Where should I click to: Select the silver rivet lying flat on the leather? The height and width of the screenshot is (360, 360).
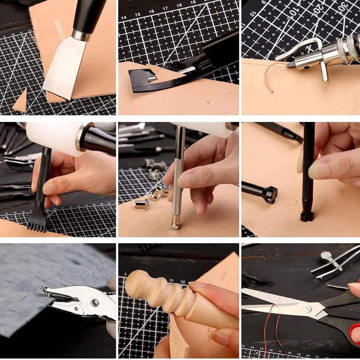coord(142,204)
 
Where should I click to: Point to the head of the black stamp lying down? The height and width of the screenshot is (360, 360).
coord(270,194)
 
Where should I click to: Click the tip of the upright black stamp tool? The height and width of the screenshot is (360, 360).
coord(307,217)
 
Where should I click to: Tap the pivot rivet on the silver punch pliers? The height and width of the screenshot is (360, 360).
coord(94,303)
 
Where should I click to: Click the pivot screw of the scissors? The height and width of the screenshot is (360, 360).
coord(308,309)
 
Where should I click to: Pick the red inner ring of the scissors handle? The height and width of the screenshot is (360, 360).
coord(354,334)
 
